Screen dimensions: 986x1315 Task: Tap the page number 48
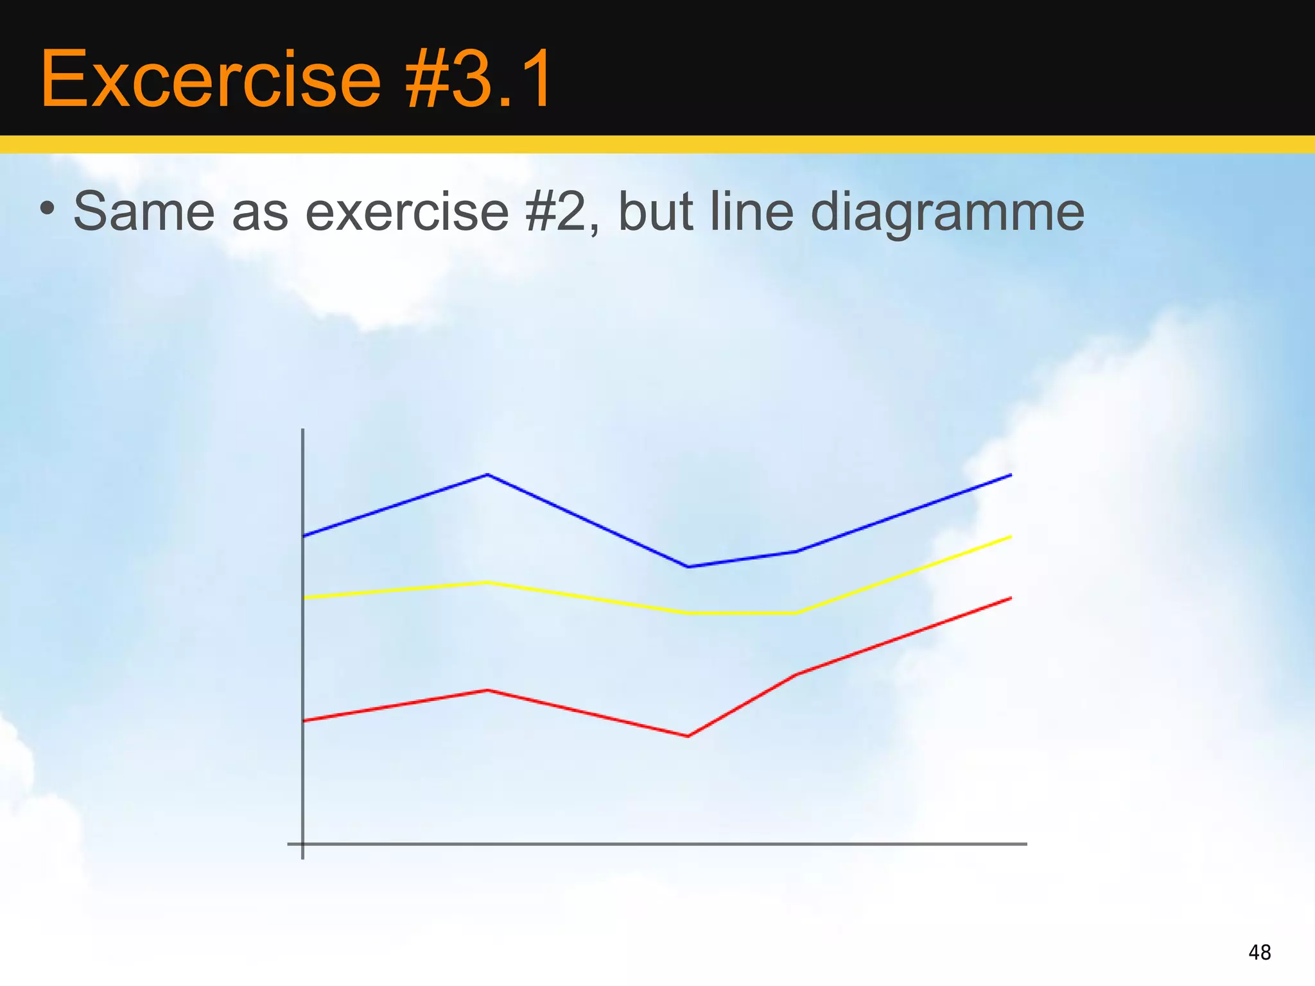click(1259, 953)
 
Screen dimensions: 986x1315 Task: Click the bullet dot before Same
click(46, 208)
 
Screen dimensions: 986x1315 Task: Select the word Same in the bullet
click(144, 212)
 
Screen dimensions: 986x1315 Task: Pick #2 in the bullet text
click(560, 212)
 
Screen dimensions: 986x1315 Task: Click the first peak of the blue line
click(488, 474)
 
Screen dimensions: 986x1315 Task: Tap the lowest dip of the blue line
click(688, 567)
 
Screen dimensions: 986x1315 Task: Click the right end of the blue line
click(1011, 475)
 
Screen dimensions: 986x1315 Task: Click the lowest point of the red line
click(688, 736)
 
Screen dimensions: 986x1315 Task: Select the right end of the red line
click(1011, 598)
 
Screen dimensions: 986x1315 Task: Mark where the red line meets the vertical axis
click(303, 721)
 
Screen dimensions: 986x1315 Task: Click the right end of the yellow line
click(1011, 537)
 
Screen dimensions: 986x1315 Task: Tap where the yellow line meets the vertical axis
click(303, 598)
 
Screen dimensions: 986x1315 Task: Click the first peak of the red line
click(488, 690)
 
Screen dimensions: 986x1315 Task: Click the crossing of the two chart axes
click(302, 844)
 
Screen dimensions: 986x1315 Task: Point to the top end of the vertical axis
click(302, 430)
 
